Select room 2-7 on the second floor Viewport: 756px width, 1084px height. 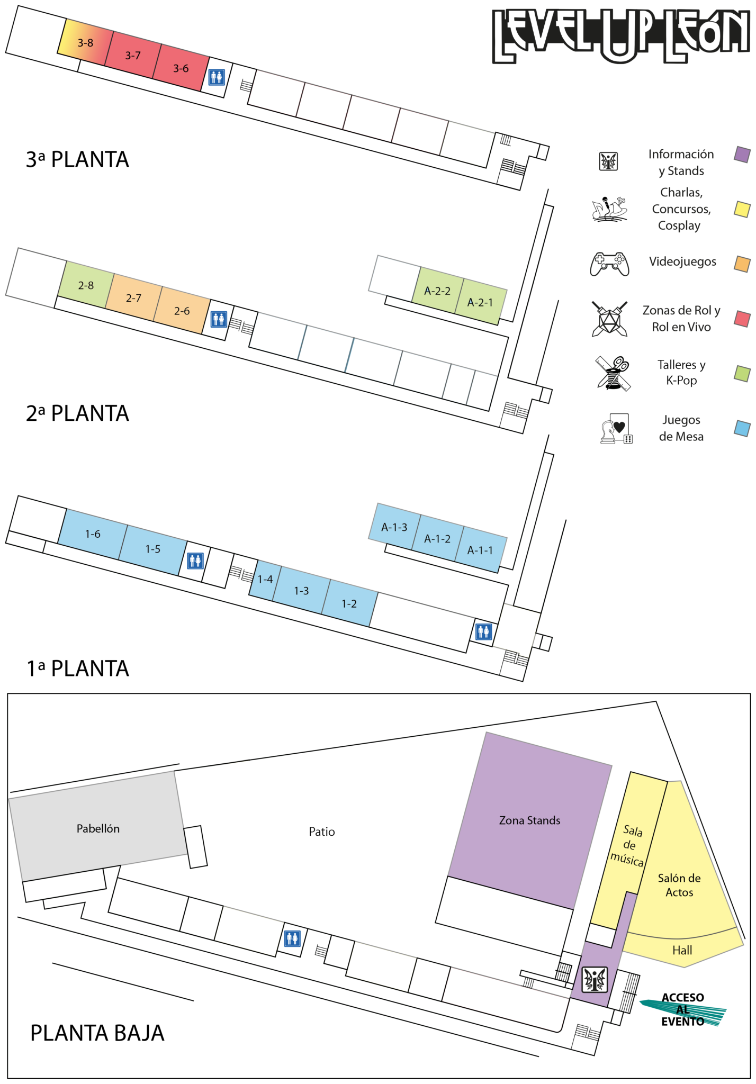[133, 298]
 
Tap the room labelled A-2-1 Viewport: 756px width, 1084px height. [480, 302]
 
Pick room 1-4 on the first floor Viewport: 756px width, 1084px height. [265, 580]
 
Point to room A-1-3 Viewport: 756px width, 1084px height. [394, 527]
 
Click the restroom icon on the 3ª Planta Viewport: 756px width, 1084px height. [217, 77]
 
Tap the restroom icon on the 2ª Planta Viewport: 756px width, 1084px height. [219, 319]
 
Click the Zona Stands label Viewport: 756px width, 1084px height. [529, 820]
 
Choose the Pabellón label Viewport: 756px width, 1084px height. [98, 828]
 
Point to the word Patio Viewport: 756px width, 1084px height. [322, 832]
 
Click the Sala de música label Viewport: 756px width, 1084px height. [629, 845]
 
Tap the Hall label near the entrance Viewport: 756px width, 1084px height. [682, 950]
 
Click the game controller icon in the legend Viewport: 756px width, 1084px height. [610, 264]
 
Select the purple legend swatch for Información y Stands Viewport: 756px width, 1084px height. [742, 155]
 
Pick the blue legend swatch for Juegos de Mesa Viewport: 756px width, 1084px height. [742, 428]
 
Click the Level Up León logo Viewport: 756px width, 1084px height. [622, 36]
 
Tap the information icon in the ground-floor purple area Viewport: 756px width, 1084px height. [595, 979]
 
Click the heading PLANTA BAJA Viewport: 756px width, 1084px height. [97, 1033]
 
